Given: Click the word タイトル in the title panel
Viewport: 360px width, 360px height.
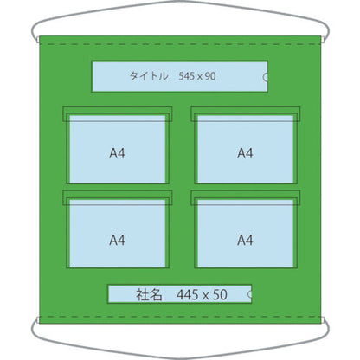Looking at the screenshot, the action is [149, 76].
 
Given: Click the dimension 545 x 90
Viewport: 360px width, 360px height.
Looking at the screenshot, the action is [197, 76].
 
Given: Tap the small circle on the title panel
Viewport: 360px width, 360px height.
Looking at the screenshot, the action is [266, 77].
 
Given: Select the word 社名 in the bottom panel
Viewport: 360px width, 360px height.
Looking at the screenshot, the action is [149, 295].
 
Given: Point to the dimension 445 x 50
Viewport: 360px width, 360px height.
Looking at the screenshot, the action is [202, 295].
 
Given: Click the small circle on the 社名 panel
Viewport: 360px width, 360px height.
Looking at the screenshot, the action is [250, 294].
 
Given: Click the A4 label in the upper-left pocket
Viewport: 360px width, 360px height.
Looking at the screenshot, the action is [117, 153].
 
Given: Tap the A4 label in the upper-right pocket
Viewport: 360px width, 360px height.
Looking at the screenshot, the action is [245, 153].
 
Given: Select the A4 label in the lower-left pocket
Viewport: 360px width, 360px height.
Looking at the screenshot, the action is [117, 240].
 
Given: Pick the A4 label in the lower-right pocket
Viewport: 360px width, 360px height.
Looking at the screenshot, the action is [245, 240].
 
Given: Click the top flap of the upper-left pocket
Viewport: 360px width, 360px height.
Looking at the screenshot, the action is [118, 114].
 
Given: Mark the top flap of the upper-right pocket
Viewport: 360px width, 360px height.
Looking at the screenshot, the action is [246, 114].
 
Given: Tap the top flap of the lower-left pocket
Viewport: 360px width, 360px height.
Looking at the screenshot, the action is [118, 198].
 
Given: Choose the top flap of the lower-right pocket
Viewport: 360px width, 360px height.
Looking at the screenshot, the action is [246, 198].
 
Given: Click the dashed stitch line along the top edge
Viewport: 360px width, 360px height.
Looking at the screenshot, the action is [180, 44].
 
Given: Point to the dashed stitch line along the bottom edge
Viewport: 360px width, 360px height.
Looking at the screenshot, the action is [180, 317].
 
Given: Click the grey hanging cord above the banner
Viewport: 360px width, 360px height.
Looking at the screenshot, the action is [180, 3].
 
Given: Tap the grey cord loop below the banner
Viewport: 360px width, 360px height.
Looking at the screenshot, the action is [180, 357].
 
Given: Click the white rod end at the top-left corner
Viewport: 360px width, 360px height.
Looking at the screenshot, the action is [38, 40].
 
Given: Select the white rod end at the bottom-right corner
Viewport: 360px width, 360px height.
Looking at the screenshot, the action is [322, 320].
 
